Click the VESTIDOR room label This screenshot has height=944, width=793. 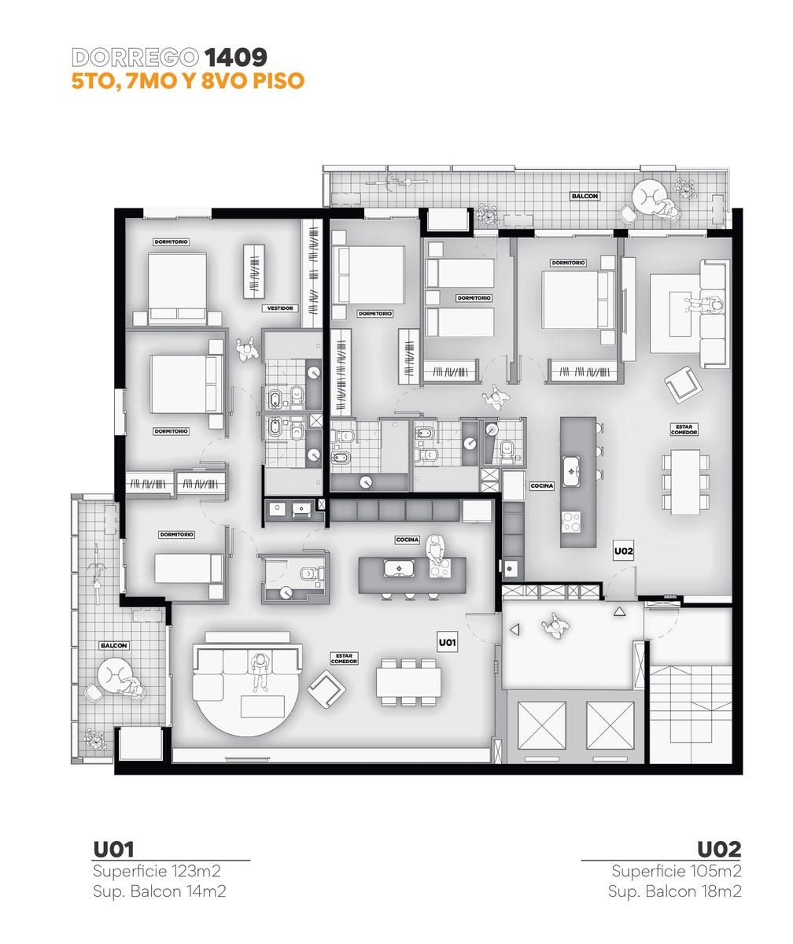pos(280,308)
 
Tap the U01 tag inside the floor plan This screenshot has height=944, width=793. pos(447,643)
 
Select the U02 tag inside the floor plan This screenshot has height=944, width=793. pos(623,551)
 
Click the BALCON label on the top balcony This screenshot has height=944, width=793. pos(585,196)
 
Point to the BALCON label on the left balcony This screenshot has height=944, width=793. pos(114,646)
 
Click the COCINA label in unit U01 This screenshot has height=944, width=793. pos(407,540)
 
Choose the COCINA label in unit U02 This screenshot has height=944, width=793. pos(541,485)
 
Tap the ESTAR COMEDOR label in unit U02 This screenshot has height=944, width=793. pos(684,430)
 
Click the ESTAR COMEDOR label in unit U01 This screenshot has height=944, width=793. pos(344,658)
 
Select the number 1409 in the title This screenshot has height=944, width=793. pos(235,57)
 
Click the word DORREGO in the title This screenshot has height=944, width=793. pos(135,57)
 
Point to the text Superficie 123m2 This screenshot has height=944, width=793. pos(157,870)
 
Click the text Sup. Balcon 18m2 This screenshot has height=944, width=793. pos(674,891)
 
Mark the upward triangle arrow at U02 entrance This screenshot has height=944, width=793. pos(619,612)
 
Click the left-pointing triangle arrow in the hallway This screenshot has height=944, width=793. pos(515,629)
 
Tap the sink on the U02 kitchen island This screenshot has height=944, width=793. pos(572,471)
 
